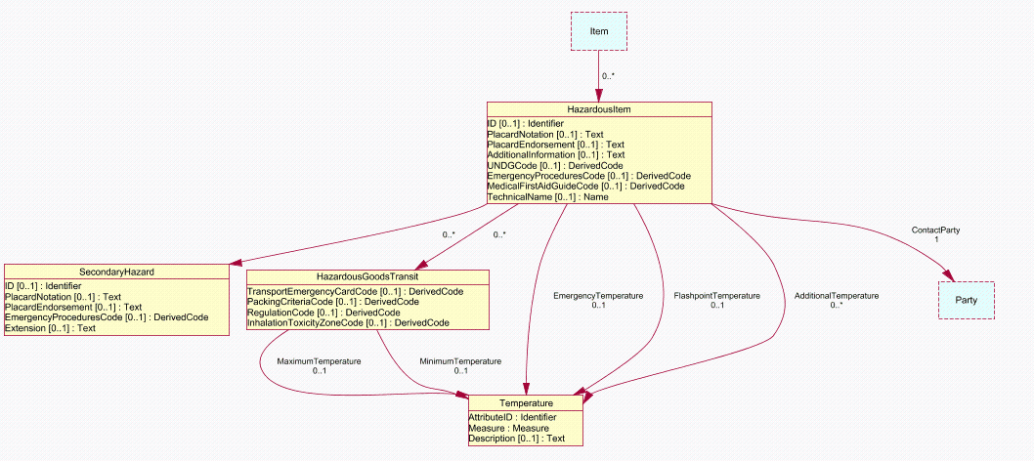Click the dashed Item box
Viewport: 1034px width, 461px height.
[599, 31]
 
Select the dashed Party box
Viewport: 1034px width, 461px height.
[967, 300]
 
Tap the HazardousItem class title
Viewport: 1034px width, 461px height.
[599, 109]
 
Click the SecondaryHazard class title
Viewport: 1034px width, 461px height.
[116, 271]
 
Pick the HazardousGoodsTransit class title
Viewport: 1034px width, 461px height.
[366, 277]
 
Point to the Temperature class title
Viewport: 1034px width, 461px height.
[527, 403]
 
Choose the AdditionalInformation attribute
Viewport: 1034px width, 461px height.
[555, 155]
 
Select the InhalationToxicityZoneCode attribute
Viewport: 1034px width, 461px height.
[348, 323]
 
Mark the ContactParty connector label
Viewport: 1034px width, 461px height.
[935, 230]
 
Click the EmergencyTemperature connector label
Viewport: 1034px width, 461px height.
[598, 296]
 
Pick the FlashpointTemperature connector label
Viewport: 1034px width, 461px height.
[716, 296]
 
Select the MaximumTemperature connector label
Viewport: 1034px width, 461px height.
[319, 361]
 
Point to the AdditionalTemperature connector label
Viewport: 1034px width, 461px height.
[836, 296]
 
